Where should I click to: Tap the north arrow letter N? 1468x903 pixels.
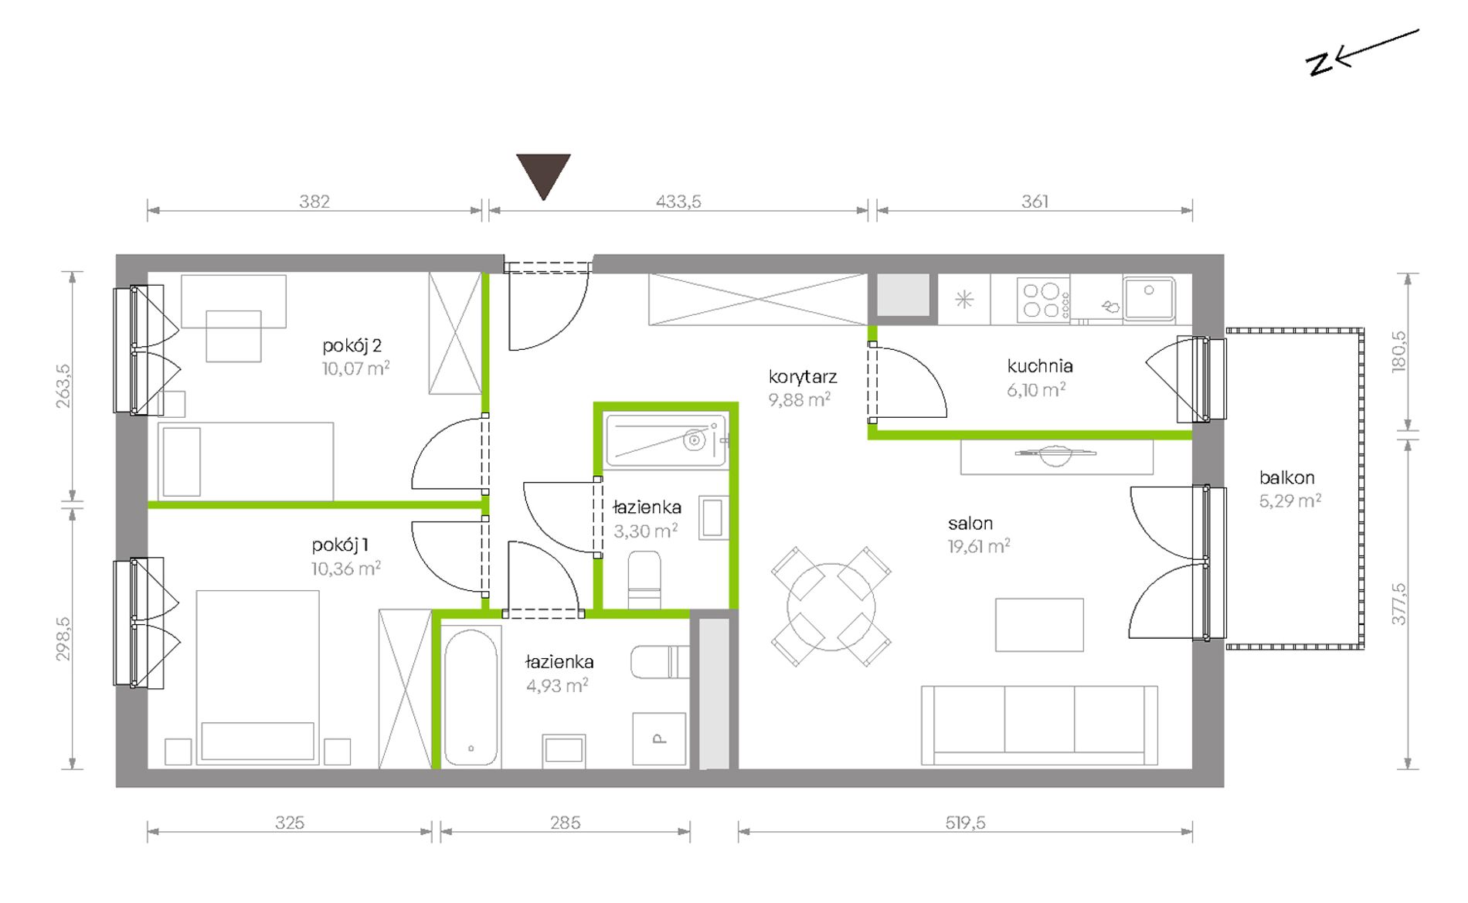click(1320, 64)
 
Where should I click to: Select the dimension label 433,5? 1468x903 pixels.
click(678, 201)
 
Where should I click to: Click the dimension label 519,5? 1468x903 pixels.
click(965, 823)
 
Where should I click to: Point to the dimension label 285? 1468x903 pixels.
click(566, 823)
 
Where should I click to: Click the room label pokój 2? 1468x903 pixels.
click(352, 345)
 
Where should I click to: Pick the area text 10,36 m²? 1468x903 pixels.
click(346, 569)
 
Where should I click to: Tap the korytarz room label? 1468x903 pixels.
click(803, 377)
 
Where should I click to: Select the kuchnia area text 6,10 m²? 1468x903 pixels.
click(1036, 389)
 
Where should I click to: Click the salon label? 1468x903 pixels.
click(970, 523)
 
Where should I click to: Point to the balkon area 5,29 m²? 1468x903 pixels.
click(1290, 501)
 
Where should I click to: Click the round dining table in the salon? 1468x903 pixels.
click(831, 606)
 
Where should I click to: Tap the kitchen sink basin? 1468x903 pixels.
click(1150, 298)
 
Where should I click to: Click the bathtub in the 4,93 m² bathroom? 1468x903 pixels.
click(471, 698)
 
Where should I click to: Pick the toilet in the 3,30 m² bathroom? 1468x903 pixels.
click(644, 579)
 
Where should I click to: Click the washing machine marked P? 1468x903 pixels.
click(659, 738)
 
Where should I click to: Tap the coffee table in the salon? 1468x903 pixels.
click(1039, 625)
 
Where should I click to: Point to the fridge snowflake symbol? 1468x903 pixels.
click(964, 299)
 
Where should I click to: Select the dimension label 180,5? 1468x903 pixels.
click(1399, 352)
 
